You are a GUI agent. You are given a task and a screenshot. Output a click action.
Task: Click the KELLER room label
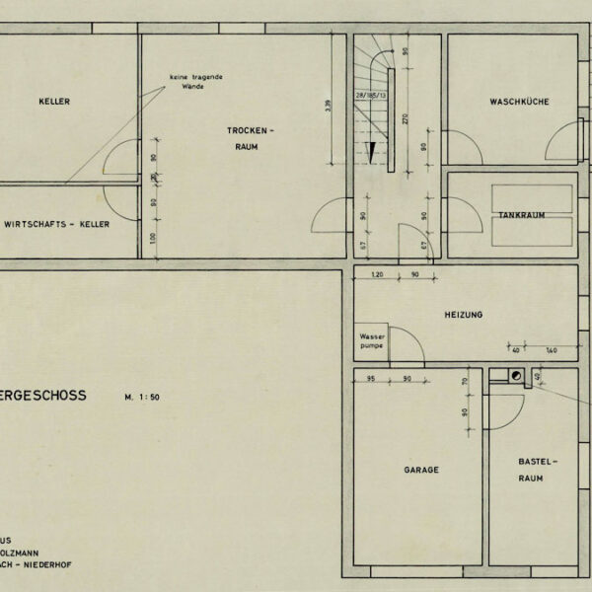click(x=55, y=102)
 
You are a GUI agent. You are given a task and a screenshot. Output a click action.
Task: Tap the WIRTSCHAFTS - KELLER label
click(x=57, y=225)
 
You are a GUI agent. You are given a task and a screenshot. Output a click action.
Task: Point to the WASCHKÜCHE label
click(x=519, y=103)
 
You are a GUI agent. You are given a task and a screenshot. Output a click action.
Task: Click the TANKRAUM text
click(x=520, y=214)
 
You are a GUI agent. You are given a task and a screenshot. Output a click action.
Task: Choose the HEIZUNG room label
click(x=463, y=315)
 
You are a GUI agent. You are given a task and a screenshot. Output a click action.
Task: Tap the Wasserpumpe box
click(x=371, y=341)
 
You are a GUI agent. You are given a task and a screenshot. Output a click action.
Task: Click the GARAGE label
click(x=420, y=471)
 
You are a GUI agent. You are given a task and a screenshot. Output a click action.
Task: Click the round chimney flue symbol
click(x=515, y=375)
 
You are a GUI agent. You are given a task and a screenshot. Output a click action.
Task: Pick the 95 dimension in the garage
click(x=371, y=378)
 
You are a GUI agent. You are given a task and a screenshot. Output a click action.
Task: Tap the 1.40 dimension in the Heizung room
click(x=552, y=350)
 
